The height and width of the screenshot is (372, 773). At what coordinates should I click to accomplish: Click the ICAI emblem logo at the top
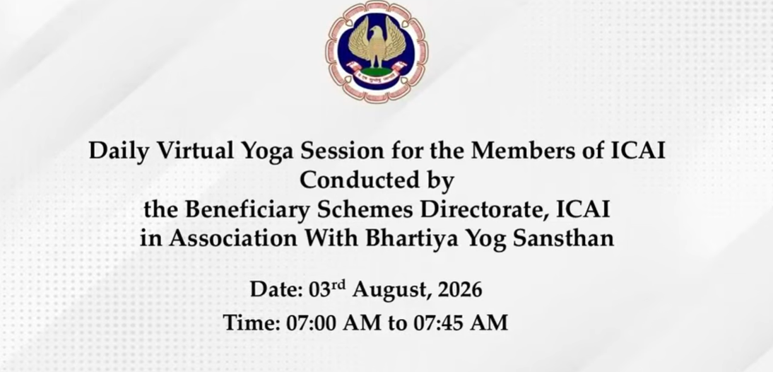pyautogui.click(x=377, y=52)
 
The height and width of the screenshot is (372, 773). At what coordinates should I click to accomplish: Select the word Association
pyautogui.click(x=233, y=239)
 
